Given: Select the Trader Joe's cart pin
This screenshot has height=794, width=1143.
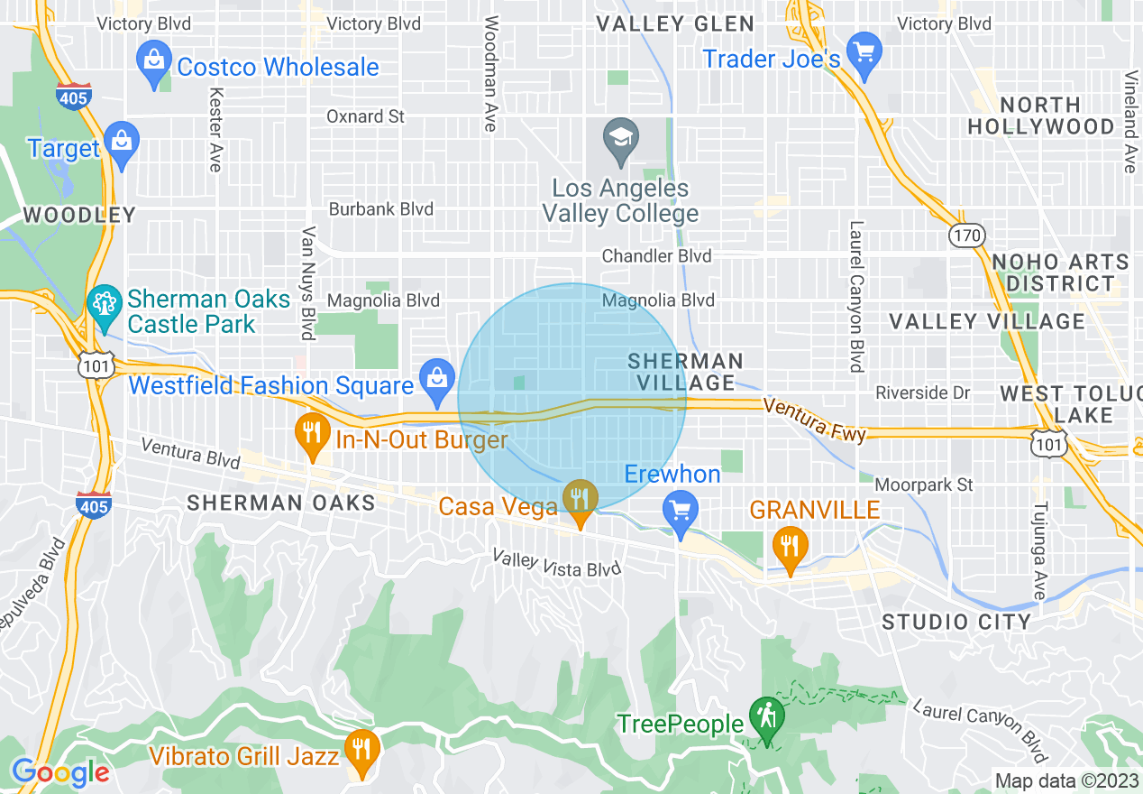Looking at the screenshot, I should pos(864,52).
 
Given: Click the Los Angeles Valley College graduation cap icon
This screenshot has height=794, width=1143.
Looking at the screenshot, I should pos(620,140).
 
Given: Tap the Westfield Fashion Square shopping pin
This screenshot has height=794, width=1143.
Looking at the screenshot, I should pos(437,380).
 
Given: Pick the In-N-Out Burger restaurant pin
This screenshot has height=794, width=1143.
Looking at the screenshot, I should pos(312,434).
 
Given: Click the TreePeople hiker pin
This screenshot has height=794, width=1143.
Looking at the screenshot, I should pos(766,719).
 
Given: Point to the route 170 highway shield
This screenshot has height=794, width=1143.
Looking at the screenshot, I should pos(966,235).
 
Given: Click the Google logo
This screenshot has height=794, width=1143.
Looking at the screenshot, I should pos(60,772).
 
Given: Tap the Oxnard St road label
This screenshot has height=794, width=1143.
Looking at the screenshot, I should pos(365,116).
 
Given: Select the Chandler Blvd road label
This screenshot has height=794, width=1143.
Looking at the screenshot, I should pos(656,256).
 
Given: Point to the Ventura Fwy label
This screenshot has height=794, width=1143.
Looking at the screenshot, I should pos(814,420).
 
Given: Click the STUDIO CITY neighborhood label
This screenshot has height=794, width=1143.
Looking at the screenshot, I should pos(956,622).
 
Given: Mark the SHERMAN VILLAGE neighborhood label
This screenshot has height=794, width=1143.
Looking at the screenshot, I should pos(686,372).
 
